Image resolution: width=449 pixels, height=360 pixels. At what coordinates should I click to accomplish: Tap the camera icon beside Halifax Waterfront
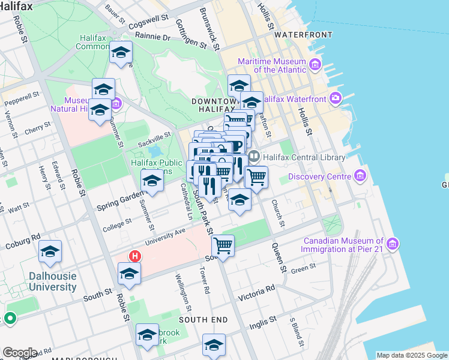click(334, 98)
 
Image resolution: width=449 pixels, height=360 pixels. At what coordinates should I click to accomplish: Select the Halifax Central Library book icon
click(254, 157)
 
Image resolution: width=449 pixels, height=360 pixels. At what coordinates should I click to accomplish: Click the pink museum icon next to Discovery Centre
click(360, 176)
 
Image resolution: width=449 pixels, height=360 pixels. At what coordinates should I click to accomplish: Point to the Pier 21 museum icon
click(393, 244)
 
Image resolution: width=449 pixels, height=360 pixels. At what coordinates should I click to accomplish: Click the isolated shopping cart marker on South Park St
click(223, 245)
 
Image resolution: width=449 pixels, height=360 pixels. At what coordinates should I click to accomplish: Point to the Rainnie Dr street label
click(153, 37)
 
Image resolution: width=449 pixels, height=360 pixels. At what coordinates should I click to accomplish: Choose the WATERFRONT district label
click(298, 35)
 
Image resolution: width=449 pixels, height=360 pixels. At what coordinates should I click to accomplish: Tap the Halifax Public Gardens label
click(156, 166)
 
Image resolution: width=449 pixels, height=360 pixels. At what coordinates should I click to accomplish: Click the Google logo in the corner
click(20, 352)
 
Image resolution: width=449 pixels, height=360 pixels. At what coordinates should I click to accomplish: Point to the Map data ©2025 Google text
click(412, 355)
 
